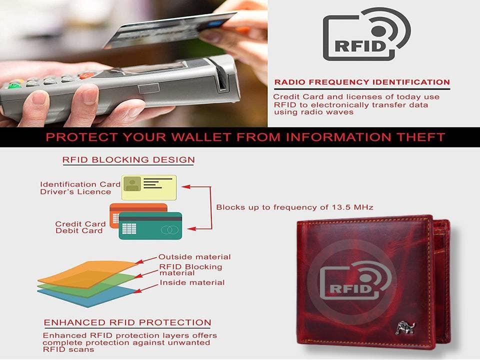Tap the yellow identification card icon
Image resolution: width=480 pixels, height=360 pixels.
(x=149, y=187)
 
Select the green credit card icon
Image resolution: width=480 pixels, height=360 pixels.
(x=150, y=226)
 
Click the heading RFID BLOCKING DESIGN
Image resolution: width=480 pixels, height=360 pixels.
(x=128, y=160)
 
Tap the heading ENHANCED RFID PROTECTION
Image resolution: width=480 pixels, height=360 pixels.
(x=127, y=322)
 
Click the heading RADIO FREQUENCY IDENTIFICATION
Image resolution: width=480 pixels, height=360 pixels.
(x=362, y=82)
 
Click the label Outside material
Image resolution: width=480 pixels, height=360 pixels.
(x=194, y=257)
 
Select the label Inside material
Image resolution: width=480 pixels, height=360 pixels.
(x=192, y=283)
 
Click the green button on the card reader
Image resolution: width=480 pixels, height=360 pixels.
(x=14, y=85)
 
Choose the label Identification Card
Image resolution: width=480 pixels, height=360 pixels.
(x=80, y=184)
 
